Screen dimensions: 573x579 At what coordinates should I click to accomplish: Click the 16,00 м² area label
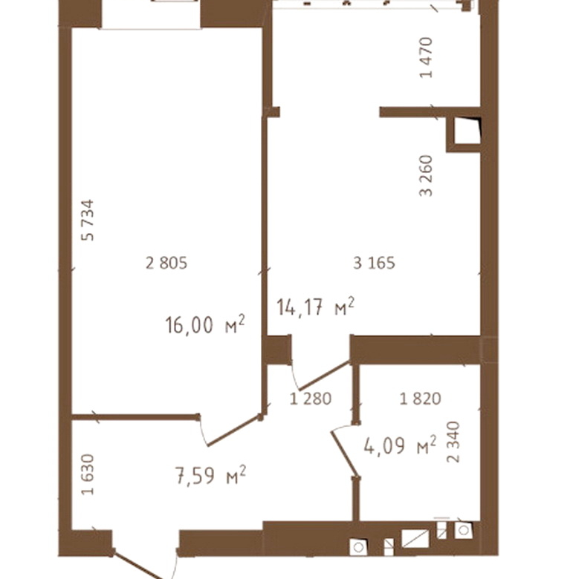point(205,324)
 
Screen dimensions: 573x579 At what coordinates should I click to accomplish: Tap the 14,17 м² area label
point(316,307)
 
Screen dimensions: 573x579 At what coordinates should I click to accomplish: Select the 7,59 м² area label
point(210,475)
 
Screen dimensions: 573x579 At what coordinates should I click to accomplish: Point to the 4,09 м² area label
point(400,445)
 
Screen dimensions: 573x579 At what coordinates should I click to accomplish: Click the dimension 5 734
point(88,220)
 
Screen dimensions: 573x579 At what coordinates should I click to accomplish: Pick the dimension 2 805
point(166,264)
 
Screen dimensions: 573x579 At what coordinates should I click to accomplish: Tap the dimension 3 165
point(374,264)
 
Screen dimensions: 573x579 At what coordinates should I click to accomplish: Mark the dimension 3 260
point(427,176)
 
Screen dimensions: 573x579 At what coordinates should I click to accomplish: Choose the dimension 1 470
point(427,58)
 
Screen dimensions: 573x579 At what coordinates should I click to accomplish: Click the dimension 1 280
point(311,399)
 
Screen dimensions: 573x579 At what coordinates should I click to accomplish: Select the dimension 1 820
point(421,399)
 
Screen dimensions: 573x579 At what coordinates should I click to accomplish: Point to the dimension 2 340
point(453,442)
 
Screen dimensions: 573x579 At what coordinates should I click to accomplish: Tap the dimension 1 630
point(88,474)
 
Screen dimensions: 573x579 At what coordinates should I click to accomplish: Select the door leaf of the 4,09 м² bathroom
point(345,454)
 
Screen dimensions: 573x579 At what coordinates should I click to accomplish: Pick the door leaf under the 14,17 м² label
point(324,376)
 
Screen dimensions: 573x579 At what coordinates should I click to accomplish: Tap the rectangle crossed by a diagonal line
point(415,538)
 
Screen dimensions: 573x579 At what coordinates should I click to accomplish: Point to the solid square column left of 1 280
point(277,350)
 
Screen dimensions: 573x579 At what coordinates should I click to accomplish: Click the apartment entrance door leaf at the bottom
point(137,565)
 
